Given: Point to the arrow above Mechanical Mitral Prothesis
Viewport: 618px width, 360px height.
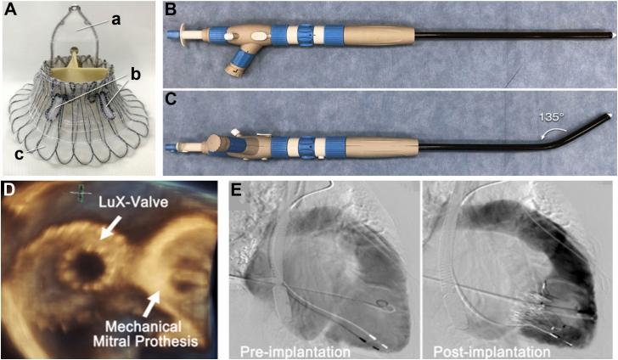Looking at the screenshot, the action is [x=154, y=301].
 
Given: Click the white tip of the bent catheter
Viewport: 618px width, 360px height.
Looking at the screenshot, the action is [x=608, y=115].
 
